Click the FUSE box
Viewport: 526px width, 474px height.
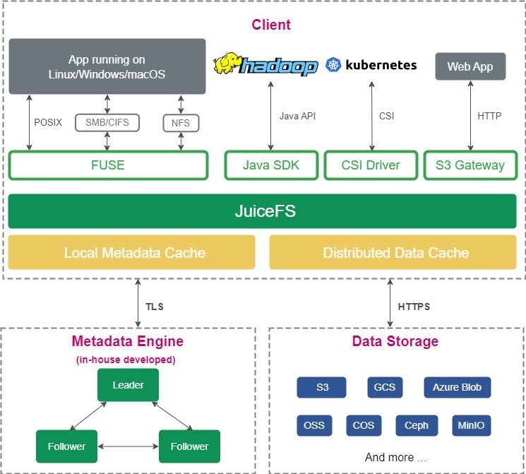coord(108,165)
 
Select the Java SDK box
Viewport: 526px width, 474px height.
coord(271,165)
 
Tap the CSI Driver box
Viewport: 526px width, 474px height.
coord(371,165)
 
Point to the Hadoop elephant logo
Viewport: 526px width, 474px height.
coord(227,64)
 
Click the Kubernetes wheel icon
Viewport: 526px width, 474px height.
coord(333,66)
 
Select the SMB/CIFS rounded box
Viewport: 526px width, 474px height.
coord(107,123)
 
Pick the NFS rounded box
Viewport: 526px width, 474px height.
coord(181,123)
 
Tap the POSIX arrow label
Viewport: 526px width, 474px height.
coord(48,122)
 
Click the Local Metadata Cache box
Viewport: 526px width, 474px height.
coord(131,253)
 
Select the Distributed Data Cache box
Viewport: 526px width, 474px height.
coord(395,253)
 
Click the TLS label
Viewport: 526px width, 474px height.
coord(155,307)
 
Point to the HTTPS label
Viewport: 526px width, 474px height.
coord(414,307)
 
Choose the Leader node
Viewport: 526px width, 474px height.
coord(128,385)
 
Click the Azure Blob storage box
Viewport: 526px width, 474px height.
coord(457,387)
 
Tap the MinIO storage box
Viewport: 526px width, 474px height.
coord(471,425)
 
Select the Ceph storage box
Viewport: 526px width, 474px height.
coord(417,425)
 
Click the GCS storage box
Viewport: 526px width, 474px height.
coord(385,387)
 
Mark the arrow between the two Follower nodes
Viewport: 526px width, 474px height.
coord(128,446)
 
